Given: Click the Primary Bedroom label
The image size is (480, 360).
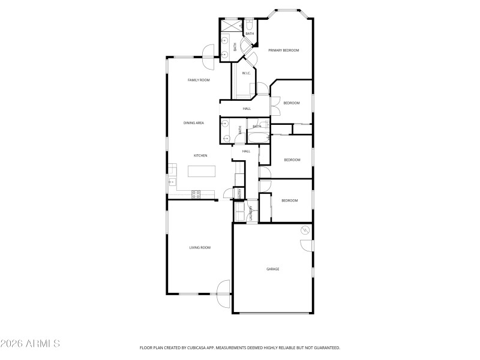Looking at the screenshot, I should pos(283,50).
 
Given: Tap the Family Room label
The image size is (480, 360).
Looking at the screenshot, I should pos(199,80).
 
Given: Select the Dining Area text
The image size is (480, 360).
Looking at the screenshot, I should pos(194,123).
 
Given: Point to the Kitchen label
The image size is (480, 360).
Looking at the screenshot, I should pos(200,155).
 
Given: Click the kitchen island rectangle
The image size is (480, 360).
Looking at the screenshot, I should pos(201,172).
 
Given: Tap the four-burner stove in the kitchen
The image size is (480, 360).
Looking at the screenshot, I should pos(196,193).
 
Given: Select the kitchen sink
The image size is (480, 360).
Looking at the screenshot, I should pos(172,181).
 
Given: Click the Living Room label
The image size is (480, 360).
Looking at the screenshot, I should pos(200,247).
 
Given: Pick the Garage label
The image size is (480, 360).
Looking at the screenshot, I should pos(273,269).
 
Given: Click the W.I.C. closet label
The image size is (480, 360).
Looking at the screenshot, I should pos(246,73).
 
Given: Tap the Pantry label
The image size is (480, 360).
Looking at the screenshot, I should pos(239,193).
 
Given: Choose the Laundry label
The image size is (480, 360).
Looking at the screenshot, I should pos(250,213).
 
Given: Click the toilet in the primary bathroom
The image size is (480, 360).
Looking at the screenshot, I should pos(249,26).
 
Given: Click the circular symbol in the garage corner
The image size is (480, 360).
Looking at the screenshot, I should pos(305,230).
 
